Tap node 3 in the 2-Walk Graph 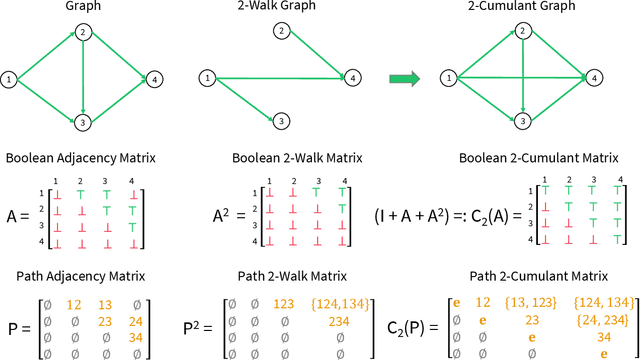tap(283, 121)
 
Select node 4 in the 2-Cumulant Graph tap(596, 77)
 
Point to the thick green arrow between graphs tap(405, 77)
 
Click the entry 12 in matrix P tap(73, 303)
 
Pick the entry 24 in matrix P tap(136, 320)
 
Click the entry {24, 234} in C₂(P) tap(603, 320)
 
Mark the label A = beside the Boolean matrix tap(18, 215)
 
